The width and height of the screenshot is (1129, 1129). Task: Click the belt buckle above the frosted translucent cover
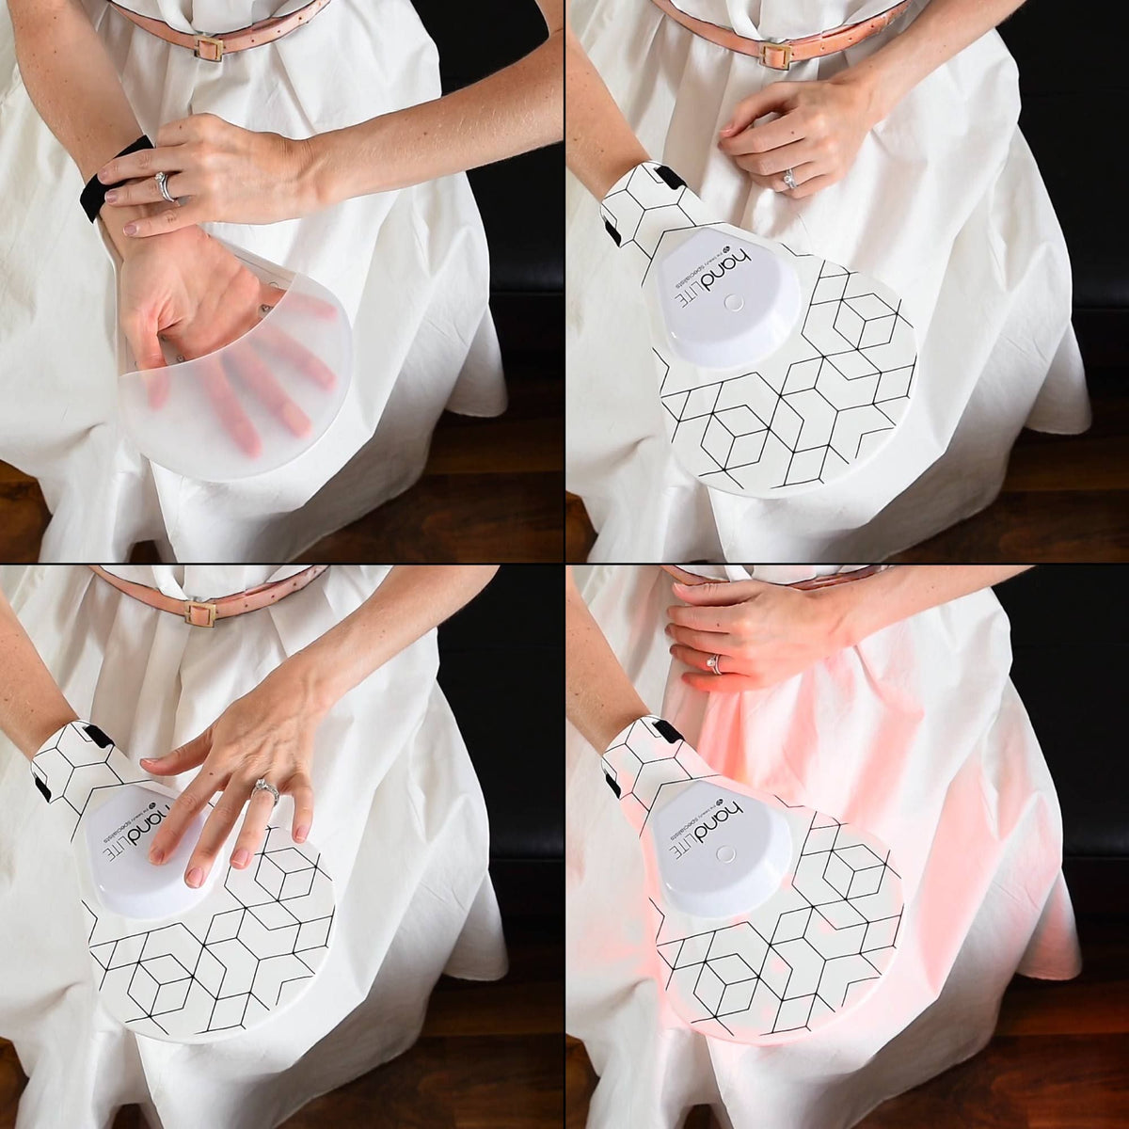209,47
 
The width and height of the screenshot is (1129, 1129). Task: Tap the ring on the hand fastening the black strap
167,186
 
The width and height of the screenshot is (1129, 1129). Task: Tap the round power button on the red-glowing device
724,854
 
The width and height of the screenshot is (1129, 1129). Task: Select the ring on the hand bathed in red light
715,664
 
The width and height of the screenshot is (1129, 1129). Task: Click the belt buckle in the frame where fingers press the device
199,613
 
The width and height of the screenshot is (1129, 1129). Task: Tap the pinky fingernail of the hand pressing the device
302,833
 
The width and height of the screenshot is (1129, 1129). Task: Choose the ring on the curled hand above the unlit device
788,179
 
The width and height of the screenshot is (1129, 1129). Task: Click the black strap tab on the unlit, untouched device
670,177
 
